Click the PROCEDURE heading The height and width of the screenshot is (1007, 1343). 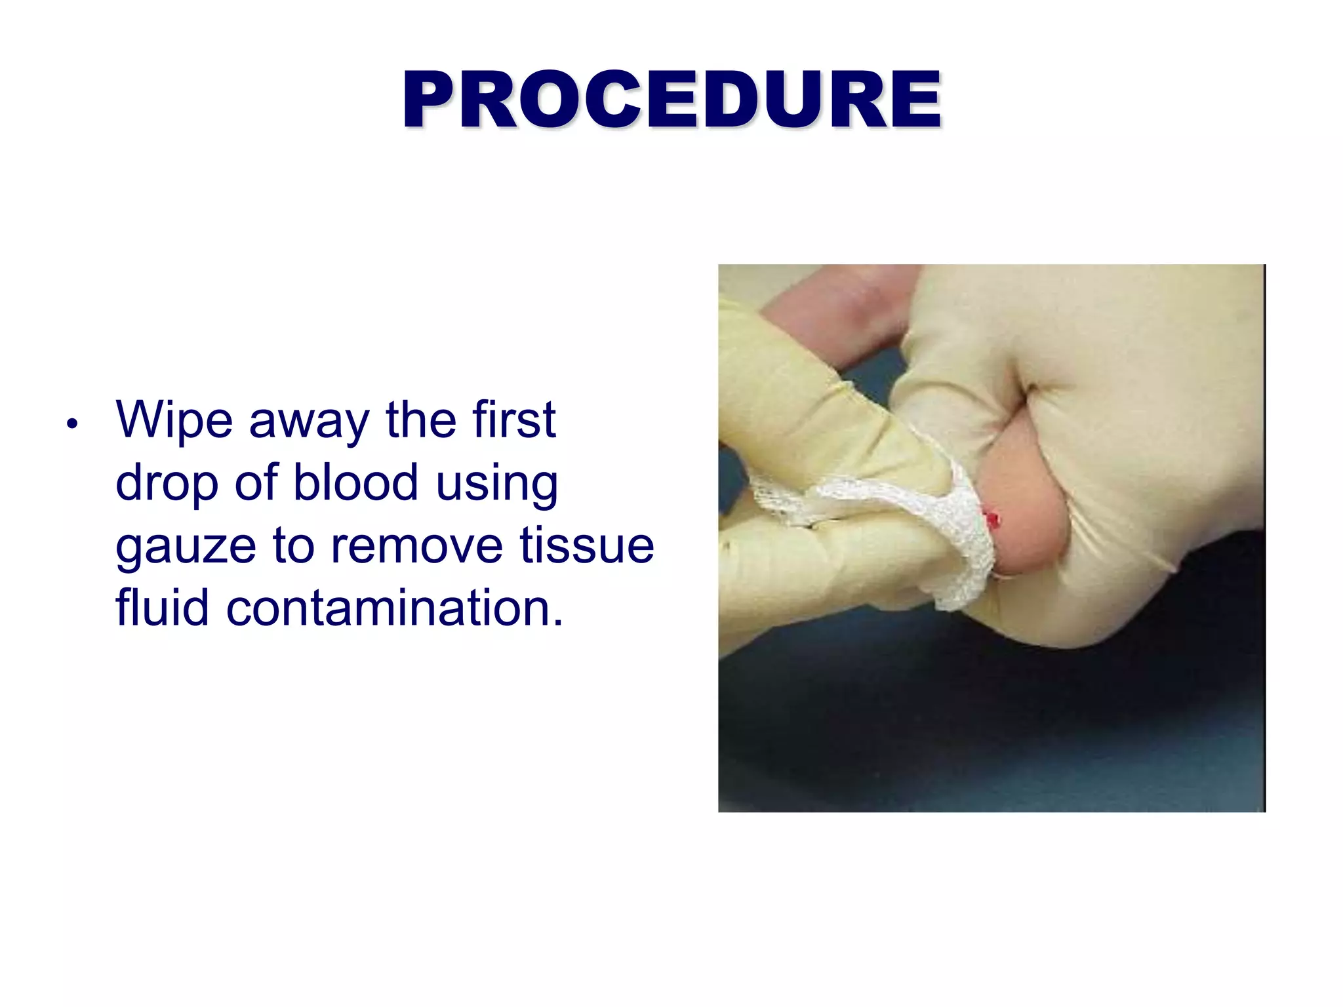point(671,100)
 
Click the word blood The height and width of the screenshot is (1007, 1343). point(355,483)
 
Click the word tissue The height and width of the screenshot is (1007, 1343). point(587,545)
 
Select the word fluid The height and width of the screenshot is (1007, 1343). point(162,608)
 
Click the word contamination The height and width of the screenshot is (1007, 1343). point(394,608)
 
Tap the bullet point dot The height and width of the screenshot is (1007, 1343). point(72,424)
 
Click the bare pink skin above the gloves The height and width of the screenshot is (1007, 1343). point(839,315)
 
